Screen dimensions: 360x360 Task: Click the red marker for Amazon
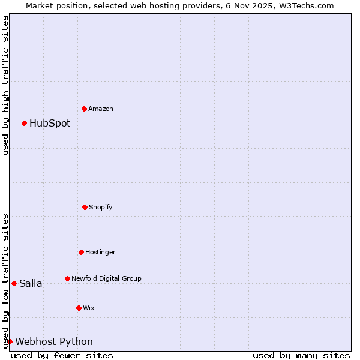coord(85,109)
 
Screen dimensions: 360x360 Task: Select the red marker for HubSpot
coord(25,123)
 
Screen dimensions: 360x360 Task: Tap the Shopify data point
coord(85,207)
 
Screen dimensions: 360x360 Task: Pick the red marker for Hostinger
coord(81,252)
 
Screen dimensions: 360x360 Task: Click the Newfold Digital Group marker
coord(67,278)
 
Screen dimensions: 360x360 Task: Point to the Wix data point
coord(79,308)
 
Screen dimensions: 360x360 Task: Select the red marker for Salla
coord(14,283)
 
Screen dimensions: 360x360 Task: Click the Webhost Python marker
coord(10,341)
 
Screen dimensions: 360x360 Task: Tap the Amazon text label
coord(101,109)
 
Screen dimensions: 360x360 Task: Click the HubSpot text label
coord(50,123)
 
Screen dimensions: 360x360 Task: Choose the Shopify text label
coord(101,207)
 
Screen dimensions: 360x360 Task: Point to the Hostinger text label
coord(100,252)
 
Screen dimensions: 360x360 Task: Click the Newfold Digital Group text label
coord(106,278)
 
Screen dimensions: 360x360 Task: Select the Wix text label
coord(89,308)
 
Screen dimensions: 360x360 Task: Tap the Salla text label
coord(31,283)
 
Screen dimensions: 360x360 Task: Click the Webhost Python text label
coord(54,341)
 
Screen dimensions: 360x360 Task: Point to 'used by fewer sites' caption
coord(62,355)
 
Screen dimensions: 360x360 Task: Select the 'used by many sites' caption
coord(301,355)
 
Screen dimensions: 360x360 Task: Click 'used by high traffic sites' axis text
coord(5,85)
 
